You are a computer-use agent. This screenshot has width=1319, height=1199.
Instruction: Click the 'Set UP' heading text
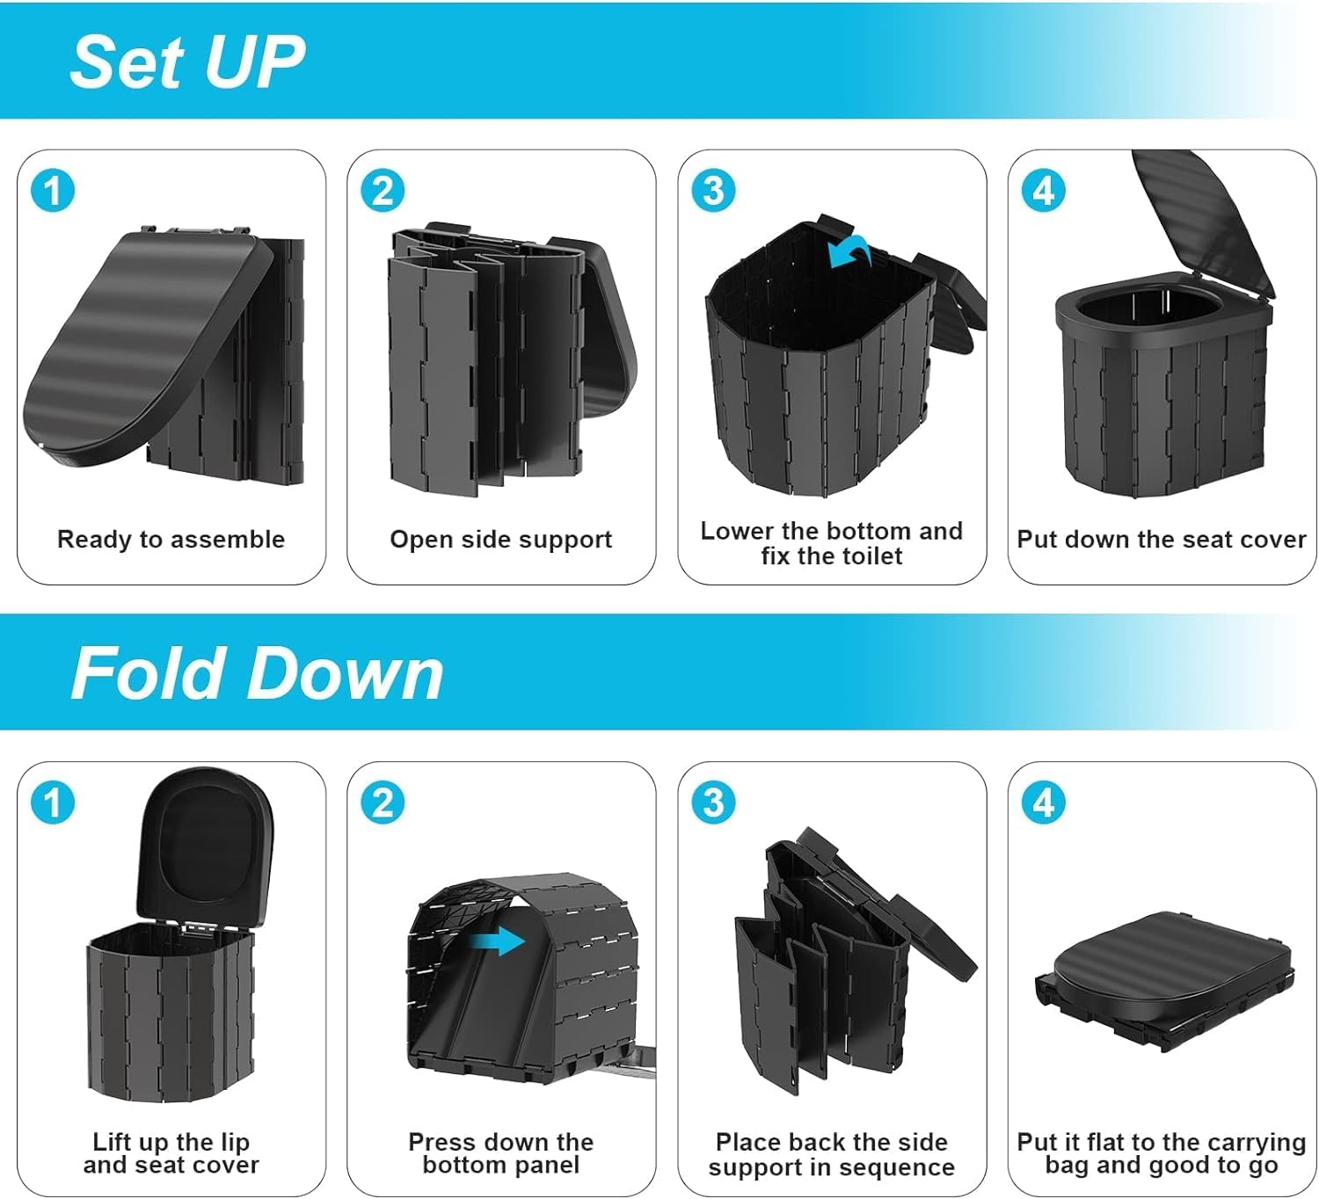(186, 62)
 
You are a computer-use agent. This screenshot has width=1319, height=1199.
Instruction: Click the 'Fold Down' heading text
(257, 673)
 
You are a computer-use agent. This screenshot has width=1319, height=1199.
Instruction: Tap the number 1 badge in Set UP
(52, 191)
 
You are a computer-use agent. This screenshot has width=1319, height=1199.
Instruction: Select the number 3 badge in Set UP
(713, 191)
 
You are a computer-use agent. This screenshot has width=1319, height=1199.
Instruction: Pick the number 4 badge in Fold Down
(1044, 803)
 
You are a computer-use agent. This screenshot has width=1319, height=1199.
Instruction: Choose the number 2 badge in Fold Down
(383, 803)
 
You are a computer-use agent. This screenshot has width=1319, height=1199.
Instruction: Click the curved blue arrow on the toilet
(849, 254)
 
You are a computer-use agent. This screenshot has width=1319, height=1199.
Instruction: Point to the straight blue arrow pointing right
(497, 942)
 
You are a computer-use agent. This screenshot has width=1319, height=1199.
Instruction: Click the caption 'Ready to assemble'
(171, 539)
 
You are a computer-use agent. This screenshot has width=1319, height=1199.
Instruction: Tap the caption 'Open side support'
(500, 539)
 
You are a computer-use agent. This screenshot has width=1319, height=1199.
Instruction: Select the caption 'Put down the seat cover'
(1161, 539)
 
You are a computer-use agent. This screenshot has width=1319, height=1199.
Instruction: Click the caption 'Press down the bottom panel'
(500, 1153)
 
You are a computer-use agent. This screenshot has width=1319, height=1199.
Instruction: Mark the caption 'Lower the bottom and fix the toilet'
(831, 543)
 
